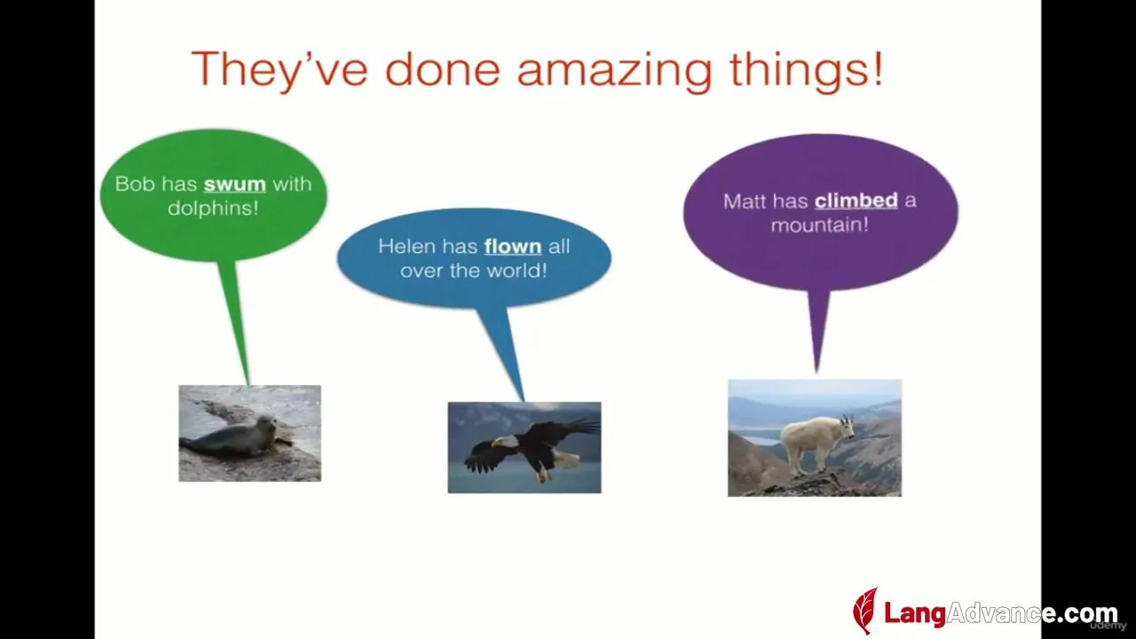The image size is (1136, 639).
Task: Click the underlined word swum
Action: pos(235,184)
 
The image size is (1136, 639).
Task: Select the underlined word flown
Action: pos(513,247)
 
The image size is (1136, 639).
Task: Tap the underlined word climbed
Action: pos(856,201)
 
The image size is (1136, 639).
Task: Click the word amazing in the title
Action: pos(614,71)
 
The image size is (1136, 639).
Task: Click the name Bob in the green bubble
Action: pos(134,184)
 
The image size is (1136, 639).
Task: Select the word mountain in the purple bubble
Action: pos(815,225)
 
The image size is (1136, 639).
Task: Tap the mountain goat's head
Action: pos(845,428)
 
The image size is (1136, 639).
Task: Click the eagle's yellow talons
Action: pos(543,477)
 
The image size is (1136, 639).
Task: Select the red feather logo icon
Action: pos(864,611)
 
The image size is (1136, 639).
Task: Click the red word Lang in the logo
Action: pos(915,613)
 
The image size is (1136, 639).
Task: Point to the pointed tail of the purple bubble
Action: pos(816,371)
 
